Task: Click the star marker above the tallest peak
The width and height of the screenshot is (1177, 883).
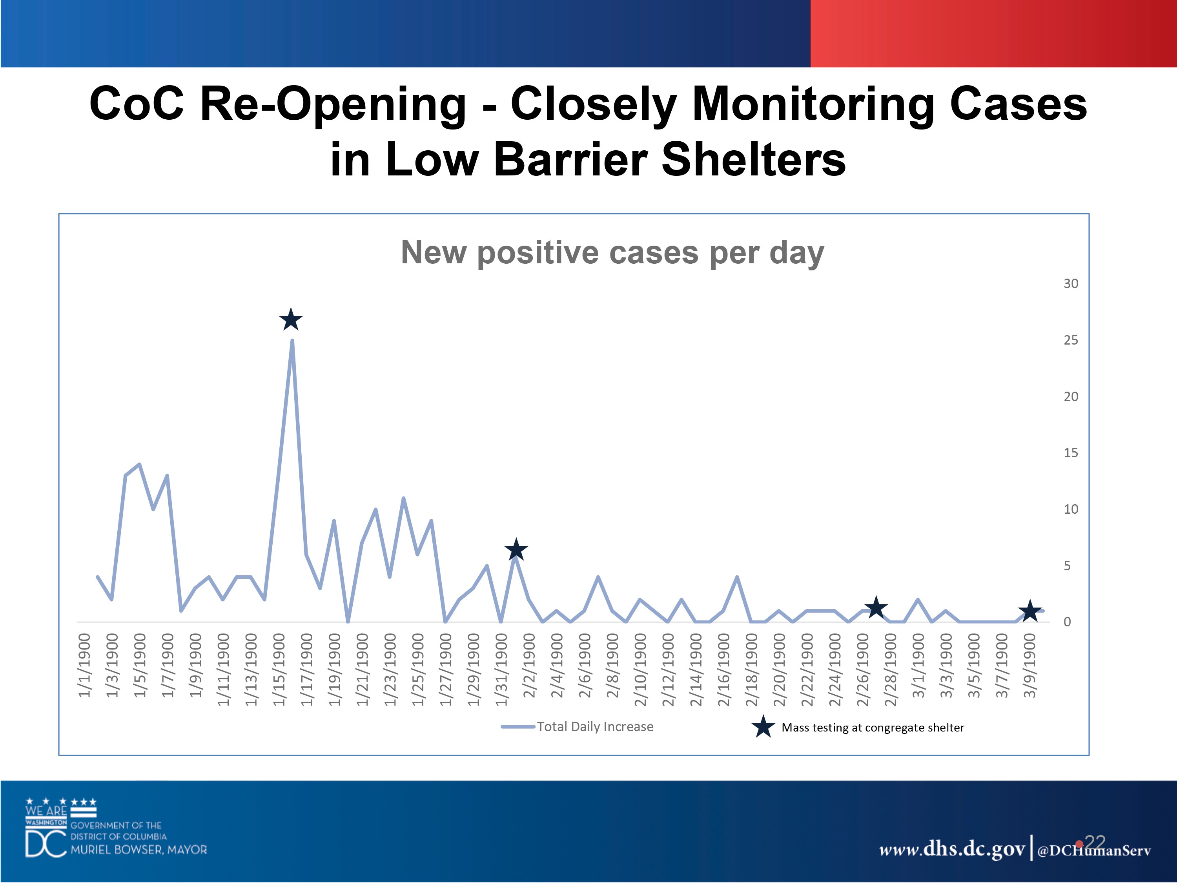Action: coord(291,320)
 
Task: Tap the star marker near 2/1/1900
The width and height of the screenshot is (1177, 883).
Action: coord(516,550)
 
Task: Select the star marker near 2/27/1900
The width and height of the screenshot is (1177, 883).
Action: coord(875,607)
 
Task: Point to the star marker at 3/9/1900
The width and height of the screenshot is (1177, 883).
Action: coord(1029,611)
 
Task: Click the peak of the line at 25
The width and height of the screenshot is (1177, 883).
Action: coord(292,341)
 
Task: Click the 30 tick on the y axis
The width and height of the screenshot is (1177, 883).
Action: coord(1071,284)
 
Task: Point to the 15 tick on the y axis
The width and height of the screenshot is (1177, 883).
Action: coord(1071,453)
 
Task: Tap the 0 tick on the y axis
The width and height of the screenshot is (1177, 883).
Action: coord(1067,622)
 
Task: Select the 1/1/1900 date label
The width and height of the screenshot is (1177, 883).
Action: coord(85,665)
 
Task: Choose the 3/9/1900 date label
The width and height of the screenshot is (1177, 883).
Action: coord(1030,665)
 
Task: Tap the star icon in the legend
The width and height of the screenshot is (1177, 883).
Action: coord(763,727)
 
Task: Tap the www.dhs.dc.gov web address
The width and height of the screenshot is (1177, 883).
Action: coord(951,848)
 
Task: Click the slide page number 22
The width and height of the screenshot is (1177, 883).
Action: coord(1095,842)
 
